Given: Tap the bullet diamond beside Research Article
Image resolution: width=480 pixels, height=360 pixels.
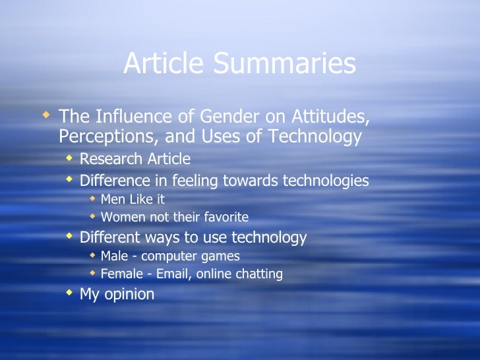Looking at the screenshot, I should coord(69,158).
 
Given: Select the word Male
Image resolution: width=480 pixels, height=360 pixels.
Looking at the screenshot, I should coord(115,256).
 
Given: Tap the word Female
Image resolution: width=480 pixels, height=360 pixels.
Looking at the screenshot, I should coord(121,274).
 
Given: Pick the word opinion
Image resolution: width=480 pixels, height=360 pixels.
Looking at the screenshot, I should coord(129,294).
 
